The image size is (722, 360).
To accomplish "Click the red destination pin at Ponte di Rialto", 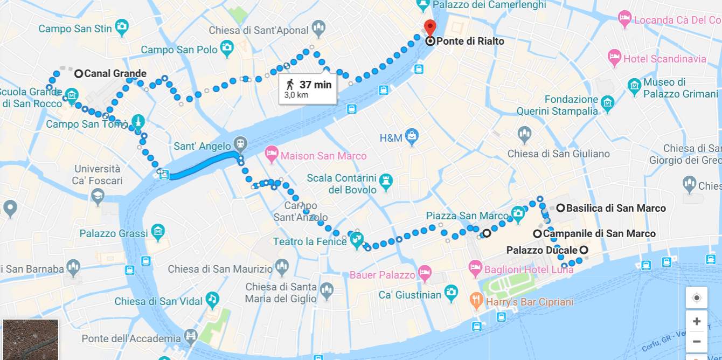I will pos(430,26).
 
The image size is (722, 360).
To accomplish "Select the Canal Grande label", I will pos(115,74).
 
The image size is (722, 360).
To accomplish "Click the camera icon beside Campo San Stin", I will pos(122,26).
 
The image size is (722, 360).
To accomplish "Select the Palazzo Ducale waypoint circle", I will pos(583,250).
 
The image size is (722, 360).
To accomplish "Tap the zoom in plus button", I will pos(696,322).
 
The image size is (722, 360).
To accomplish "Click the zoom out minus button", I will pos(696,342).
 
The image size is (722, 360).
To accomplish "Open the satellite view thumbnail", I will pos(30,339).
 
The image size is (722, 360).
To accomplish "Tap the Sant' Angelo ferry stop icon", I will pos(240,144).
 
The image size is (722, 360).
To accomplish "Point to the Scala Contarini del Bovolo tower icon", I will pos(386,181).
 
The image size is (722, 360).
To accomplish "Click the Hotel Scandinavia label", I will pos(664,59).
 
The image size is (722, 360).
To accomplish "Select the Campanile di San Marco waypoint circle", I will pos(537,234).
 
